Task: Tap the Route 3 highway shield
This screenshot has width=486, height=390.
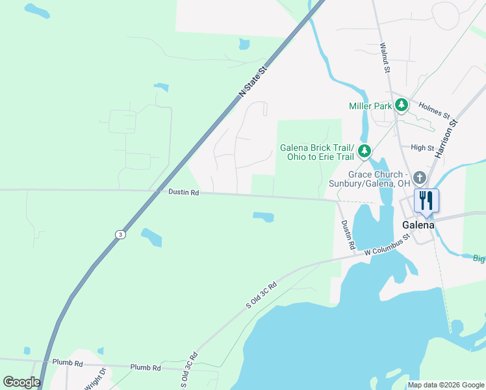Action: click(x=120, y=234)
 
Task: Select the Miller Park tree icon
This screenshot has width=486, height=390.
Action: click(x=402, y=105)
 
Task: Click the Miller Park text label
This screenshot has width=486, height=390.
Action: click(x=370, y=106)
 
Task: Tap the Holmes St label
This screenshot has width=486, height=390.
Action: click(x=434, y=110)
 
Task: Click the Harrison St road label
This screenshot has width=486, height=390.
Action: click(x=447, y=138)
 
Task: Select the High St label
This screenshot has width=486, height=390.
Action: click(x=422, y=148)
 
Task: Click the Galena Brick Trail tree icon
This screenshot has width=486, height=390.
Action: click(x=365, y=151)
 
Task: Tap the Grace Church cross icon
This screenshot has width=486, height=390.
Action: click(x=420, y=177)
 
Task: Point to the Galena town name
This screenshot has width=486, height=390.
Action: click(x=418, y=225)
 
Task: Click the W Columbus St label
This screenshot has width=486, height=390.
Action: click(x=388, y=246)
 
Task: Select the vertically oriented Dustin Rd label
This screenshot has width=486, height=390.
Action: click(x=348, y=235)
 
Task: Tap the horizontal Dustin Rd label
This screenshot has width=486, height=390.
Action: click(x=183, y=193)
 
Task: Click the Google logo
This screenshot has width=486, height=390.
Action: click(x=21, y=382)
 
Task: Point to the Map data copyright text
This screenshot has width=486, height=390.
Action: click(x=445, y=385)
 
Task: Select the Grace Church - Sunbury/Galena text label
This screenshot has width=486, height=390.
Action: click(x=379, y=179)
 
